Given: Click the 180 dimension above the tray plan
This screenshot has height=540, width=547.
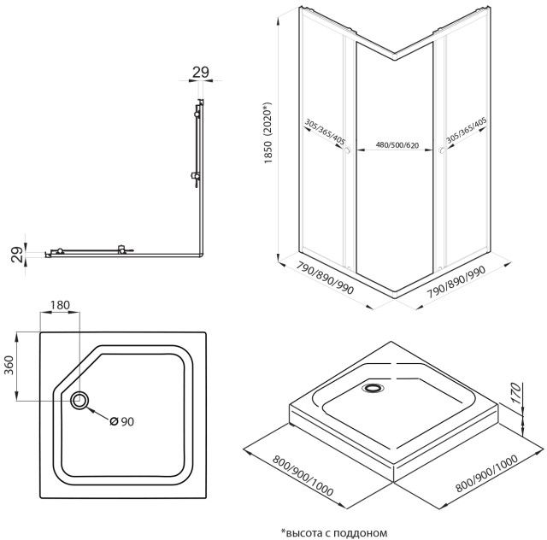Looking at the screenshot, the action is click(60, 305).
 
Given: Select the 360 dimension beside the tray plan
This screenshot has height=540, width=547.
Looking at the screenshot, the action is click(9, 365).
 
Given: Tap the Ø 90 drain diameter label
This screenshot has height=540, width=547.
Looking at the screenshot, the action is click(121, 421).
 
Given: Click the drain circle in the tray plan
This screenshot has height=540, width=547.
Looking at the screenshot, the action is click(79, 401).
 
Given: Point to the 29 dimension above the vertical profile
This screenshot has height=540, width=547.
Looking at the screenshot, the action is click(201, 73).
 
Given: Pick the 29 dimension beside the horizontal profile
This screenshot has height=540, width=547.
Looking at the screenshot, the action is click(17, 255).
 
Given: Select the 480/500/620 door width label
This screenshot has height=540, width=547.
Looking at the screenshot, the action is click(397, 144).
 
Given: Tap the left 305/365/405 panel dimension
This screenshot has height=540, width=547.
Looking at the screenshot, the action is click(325, 132).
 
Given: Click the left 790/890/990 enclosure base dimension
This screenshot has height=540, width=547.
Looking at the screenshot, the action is click(325, 278).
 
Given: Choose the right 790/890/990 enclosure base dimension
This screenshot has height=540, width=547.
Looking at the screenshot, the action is click(456, 282).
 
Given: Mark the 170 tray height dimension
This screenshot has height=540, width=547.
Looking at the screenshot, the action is click(516, 393).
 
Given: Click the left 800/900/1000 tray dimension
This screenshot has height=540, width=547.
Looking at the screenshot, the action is click(303, 475).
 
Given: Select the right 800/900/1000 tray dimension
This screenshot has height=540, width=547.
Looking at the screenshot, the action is click(486, 472).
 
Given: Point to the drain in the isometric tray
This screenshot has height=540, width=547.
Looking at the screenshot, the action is click(373, 388).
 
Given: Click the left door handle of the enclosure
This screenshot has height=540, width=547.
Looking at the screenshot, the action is click(347, 150).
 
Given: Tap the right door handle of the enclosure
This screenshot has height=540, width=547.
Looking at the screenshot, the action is click(442, 150).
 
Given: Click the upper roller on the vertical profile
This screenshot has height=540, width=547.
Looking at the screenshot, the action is click(197, 114).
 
